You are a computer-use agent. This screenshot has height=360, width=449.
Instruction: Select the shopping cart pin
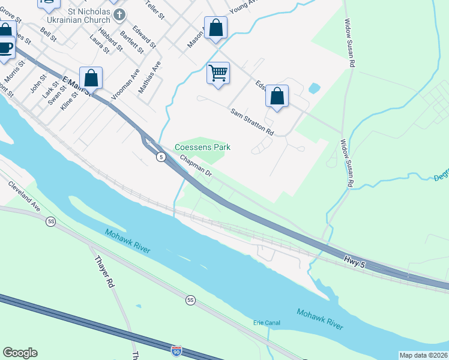(218, 73)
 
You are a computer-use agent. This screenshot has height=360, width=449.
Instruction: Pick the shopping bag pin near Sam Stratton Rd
(277, 96)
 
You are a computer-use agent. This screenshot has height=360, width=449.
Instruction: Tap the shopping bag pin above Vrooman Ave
(91, 78)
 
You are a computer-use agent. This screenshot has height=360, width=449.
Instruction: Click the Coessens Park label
(202, 147)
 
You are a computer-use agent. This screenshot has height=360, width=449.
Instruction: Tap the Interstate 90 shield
(176, 350)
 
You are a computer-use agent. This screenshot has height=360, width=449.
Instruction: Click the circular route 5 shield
(161, 157)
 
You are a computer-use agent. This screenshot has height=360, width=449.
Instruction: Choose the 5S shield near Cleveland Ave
(51, 221)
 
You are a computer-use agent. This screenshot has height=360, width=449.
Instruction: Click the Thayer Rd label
(104, 271)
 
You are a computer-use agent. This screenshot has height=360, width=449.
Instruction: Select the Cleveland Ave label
(24, 196)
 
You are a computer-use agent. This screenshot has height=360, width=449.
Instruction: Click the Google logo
(20, 353)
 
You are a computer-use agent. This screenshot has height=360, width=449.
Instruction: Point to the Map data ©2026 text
(423, 355)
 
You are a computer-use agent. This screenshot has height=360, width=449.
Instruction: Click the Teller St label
(155, 10)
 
